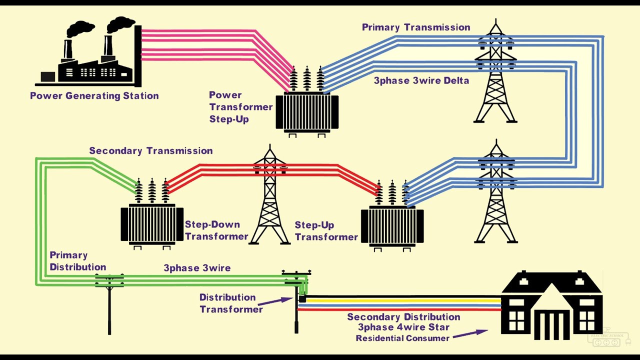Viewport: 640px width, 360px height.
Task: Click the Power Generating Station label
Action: pos(94,95)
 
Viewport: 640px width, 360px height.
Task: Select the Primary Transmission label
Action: pos(416,27)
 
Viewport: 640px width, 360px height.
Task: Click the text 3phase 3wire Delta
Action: pos(421,80)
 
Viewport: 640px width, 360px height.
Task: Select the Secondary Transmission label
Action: pos(150,150)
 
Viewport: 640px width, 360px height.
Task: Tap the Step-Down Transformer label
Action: pos(216,230)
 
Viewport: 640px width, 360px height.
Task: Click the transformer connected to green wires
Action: pos(152,222)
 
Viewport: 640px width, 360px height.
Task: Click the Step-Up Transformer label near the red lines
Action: pos(326,231)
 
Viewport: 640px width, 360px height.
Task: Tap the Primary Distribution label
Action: pos(77,261)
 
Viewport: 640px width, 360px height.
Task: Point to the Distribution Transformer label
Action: pos(230,303)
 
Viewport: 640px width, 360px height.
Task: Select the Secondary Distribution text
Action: pos(403,317)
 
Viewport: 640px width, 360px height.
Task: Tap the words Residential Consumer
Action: pos(402,338)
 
